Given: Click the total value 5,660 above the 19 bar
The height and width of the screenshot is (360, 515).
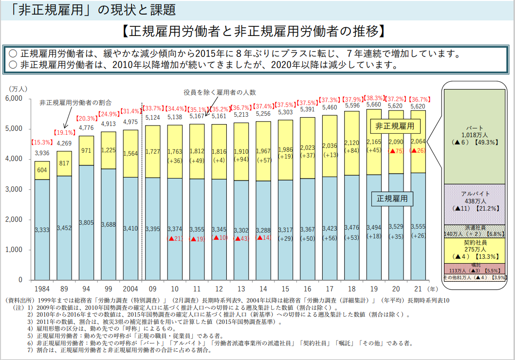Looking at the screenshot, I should coord(374,105).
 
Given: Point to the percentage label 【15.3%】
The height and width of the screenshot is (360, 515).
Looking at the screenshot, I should coord(42,143).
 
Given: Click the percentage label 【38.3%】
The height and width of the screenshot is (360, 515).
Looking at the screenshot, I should coord(374,98).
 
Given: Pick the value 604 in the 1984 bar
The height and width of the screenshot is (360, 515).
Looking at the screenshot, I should coord(42,170).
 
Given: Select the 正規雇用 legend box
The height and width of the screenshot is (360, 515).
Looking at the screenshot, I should coord(392,198).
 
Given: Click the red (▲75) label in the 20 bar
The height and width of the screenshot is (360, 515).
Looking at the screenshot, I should coord(397,151).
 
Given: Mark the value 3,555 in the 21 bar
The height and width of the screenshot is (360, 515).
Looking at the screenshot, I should coord(418,227).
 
